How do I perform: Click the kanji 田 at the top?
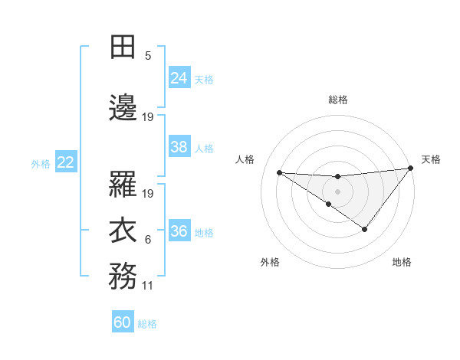click(123, 47)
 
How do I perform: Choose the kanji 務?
click(123, 275)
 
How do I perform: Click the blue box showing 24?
click(179, 77)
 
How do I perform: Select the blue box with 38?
click(179, 147)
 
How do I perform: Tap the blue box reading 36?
click(179, 232)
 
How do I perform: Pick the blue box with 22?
click(66, 162)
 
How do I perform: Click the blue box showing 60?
click(123, 322)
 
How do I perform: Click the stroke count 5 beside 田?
click(148, 56)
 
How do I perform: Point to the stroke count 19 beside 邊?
click(148, 117)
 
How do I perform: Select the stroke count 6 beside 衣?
click(148, 240)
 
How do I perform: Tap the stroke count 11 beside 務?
click(148, 286)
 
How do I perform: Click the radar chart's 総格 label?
click(337, 100)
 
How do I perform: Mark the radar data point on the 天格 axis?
click(411, 169)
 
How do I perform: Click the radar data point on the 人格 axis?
click(279, 172)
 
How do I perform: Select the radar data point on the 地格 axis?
click(365, 229)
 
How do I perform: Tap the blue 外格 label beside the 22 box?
click(40, 163)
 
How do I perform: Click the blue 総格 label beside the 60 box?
click(147, 324)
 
